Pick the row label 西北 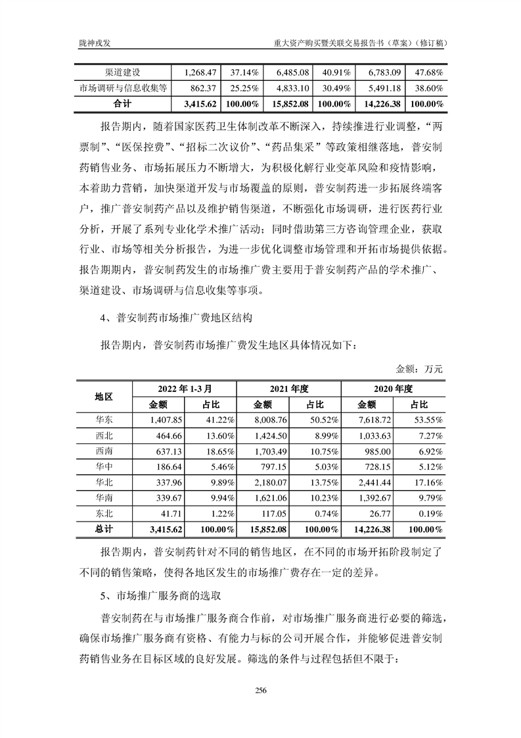104,434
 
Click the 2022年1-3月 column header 183,389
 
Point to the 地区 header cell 104,397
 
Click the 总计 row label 104,528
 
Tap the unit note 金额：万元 419,369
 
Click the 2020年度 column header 392,389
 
